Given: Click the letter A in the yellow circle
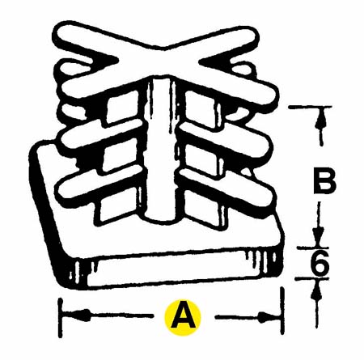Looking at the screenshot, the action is point(183,317).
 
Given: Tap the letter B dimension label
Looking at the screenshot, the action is point(325,180).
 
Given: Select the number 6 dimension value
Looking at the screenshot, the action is point(320,262).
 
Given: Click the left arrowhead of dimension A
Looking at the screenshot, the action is point(81,315).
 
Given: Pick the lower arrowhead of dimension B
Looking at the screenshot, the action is point(319,235).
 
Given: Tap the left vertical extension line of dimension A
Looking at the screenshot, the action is point(61,318).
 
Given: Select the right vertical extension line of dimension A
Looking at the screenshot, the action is point(282,311).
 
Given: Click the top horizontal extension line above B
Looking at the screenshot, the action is point(310,107).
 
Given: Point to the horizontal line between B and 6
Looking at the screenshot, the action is point(313,248).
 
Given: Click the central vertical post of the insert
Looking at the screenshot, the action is point(159,148).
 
